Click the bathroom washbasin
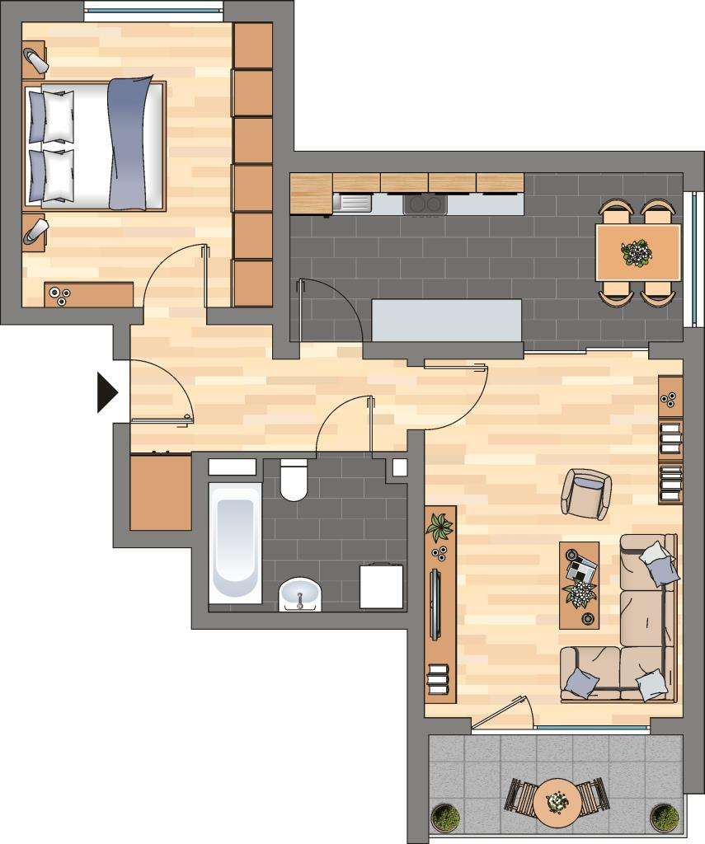(301, 593)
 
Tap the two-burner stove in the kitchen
(425, 204)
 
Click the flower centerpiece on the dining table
(636, 252)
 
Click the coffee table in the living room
(579, 584)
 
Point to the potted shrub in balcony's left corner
(446, 817)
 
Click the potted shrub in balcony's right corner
(664, 817)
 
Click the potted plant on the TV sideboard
(439, 526)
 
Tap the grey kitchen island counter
(447, 319)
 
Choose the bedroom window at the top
(153, 13)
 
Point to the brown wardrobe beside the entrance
(161, 492)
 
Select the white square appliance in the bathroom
(383, 586)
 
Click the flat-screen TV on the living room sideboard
(435, 604)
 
